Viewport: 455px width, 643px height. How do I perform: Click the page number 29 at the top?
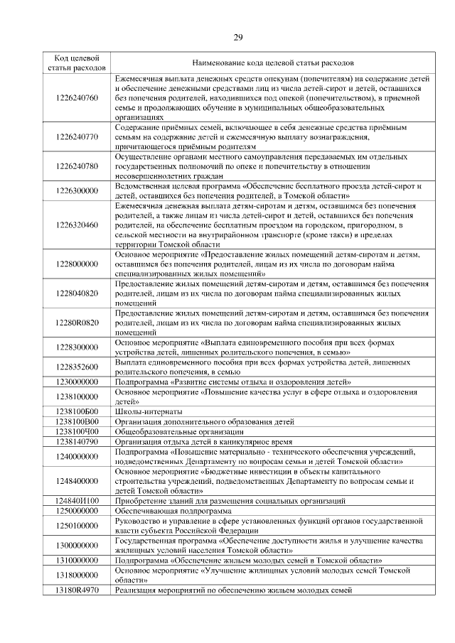coord(237,37)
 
